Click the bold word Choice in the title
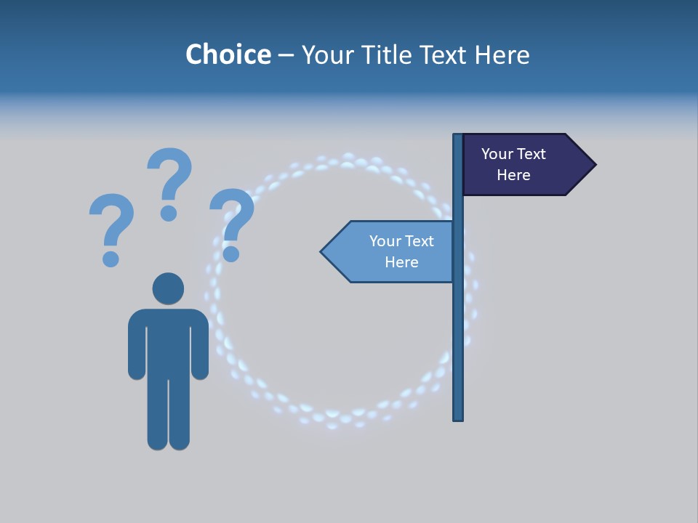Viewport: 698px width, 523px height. tap(228, 54)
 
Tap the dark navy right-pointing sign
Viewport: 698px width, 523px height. tap(523, 165)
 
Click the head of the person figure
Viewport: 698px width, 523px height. tap(168, 288)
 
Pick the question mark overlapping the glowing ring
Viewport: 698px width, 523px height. tap(233, 218)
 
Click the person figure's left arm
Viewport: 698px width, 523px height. tap(136, 345)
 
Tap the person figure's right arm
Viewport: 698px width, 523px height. tap(200, 345)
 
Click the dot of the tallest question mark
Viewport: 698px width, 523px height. tap(169, 213)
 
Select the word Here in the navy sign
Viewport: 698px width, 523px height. tap(513, 175)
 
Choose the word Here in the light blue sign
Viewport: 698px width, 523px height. tap(401, 262)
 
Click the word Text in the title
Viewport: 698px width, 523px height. tap(444, 54)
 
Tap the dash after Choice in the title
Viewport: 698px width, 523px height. tap(286, 55)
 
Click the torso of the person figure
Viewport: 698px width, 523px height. tap(168, 341)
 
